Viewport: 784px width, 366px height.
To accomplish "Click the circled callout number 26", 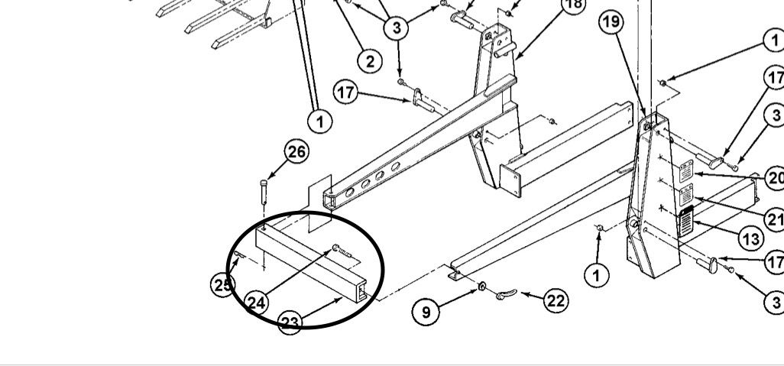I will click(296, 152).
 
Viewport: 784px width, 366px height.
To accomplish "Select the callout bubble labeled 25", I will click(222, 284).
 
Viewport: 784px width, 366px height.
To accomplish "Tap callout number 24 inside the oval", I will click(257, 303).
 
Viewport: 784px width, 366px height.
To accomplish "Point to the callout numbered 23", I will click(290, 322).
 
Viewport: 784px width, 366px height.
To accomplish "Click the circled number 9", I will click(425, 311).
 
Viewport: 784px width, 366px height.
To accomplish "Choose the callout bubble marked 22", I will click(555, 300).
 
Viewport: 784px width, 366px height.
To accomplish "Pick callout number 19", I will click(611, 22).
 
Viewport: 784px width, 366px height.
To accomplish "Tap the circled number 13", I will click(751, 239).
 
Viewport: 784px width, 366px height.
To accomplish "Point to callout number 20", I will click(775, 179).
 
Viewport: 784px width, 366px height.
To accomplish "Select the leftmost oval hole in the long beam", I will click(348, 194).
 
